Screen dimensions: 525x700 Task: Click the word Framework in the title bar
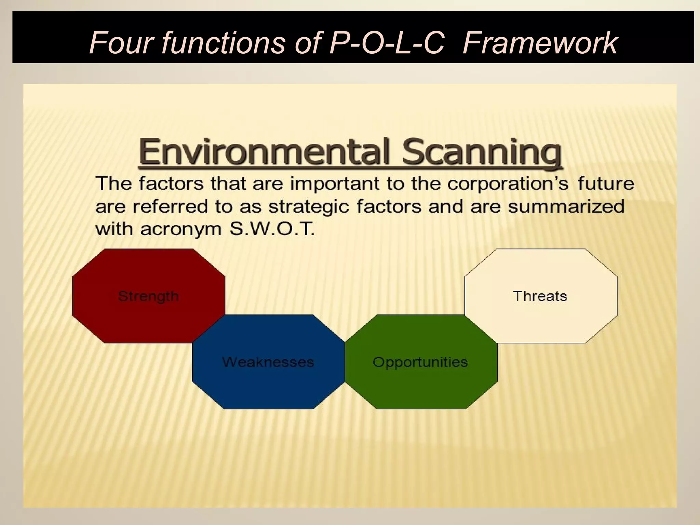click(540, 43)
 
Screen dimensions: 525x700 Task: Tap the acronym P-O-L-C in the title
click(386, 43)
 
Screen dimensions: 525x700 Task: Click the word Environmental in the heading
click(265, 151)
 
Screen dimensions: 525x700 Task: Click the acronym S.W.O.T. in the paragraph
click(272, 229)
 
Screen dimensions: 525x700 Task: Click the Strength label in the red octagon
click(148, 296)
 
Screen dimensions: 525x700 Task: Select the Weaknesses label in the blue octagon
click(268, 362)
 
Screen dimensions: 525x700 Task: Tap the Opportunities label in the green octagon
click(420, 362)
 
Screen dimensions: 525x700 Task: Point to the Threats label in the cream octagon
click(540, 296)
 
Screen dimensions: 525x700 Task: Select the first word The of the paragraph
click(114, 184)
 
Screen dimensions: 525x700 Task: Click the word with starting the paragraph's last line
click(114, 229)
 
